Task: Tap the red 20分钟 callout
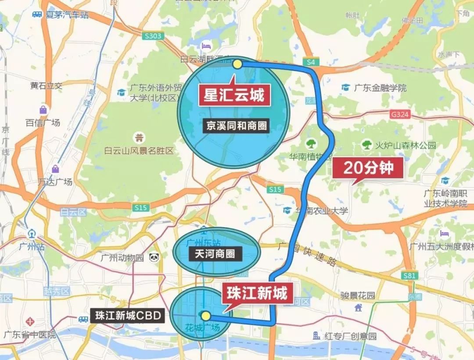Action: [368, 167]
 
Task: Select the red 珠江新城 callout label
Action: [257, 293]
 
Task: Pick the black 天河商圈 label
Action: [215, 253]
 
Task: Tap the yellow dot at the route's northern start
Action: [237, 64]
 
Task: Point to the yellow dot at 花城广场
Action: [205, 315]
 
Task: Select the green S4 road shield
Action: [311, 62]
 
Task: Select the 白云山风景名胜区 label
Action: [139, 151]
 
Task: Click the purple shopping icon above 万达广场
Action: [55, 169]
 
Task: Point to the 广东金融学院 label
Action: [380, 88]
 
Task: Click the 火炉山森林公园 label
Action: [405, 145]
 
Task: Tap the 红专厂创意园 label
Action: [350, 336]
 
